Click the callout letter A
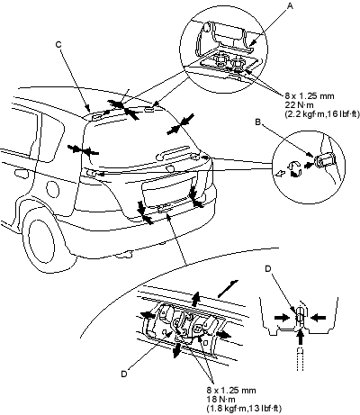[x=290, y=5]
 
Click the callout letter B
[x=257, y=122]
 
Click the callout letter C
[x=58, y=44]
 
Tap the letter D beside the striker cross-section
[x=268, y=269]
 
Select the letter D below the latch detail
[x=124, y=374]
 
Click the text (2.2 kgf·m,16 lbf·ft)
[x=321, y=113]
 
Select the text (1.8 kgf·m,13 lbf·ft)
[x=244, y=408]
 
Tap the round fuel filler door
[x=52, y=189]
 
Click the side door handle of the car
[x=22, y=174]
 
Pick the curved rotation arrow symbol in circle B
[x=294, y=168]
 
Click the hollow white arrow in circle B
[x=280, y=173]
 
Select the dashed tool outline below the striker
[x=301, y=359]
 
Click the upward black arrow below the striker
[x=301, y=337]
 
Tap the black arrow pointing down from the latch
[x=176, y=350]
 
